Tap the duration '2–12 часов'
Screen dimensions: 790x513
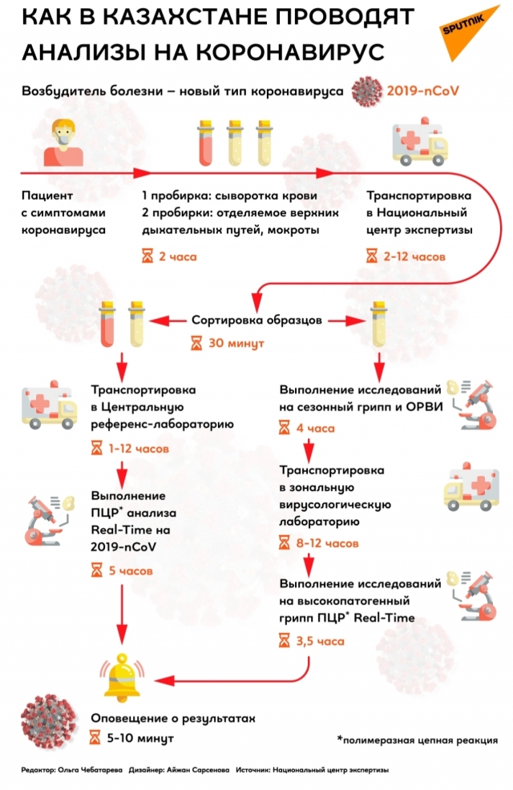(x=409, y=257)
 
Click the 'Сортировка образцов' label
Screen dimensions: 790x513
(x=256, y=320)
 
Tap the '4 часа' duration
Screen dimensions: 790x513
(x=316, y=429)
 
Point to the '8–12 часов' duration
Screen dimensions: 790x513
(x=327, y=543)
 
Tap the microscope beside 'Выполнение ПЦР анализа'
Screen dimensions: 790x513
(x=50, y=518)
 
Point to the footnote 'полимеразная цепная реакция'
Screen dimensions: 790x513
(x=418, y=740)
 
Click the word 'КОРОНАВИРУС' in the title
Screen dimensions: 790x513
(x=289, y=53)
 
